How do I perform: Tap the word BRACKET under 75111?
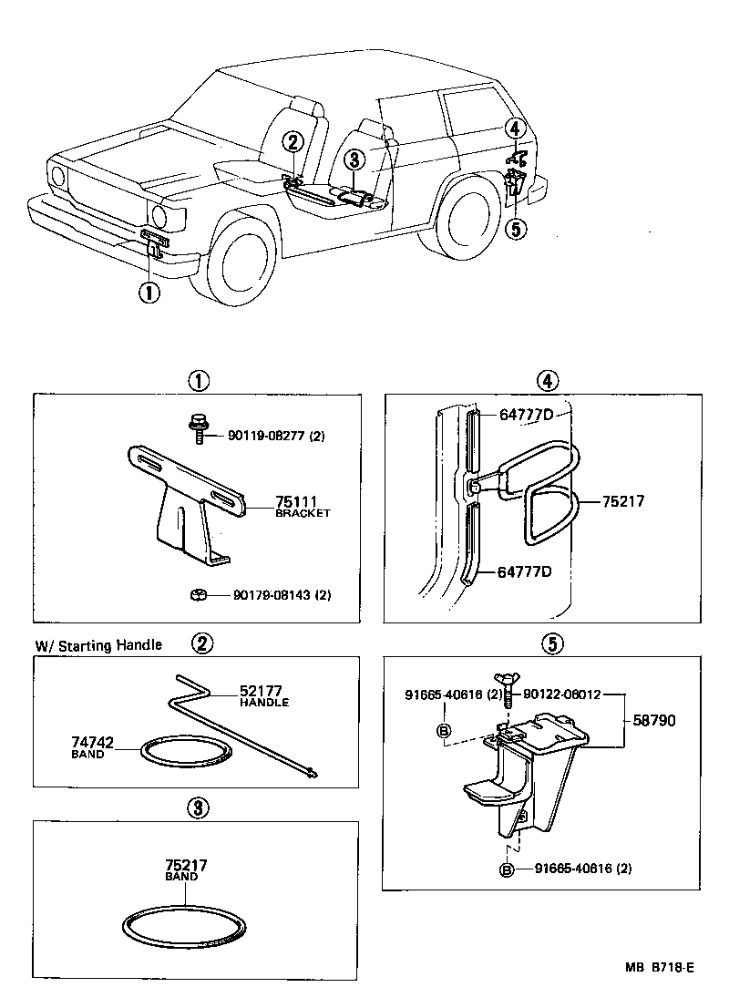[x=303, y=514]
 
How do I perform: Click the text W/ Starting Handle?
[x=98, y=645]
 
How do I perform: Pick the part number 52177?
[x=263, y=691]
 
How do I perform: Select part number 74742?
[x=92, y=743]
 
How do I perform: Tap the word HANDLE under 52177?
[x=263, y=703]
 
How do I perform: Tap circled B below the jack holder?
[x=508, y=869]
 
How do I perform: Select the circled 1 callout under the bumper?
[x=149, y=293]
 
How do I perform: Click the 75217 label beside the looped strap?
[x=623, y=500]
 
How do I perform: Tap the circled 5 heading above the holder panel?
[x=550, y=643]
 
